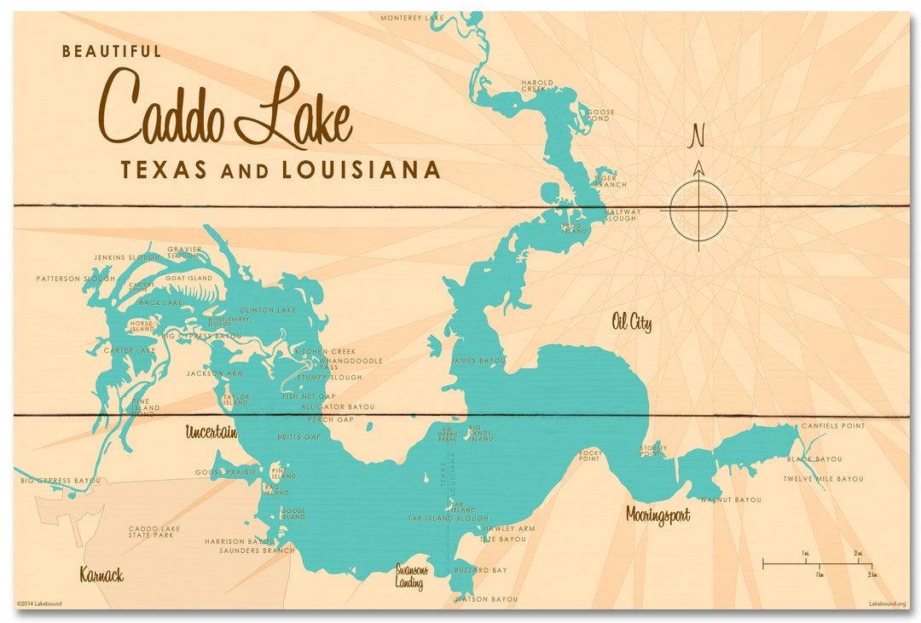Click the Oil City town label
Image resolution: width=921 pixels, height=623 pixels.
coord(631,322)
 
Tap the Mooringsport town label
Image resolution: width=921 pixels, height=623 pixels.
coord(657,515)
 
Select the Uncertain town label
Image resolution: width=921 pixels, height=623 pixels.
coord(211,433)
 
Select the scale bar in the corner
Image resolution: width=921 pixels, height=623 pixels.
coord(816,563)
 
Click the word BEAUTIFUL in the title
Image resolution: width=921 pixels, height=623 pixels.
coord(112,52)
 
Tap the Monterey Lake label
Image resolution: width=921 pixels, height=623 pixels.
coord(412,17)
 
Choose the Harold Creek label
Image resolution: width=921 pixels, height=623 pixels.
coord(537,85)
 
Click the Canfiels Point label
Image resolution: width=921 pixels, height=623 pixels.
coord(832,426)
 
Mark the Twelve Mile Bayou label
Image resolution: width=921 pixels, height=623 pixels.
coord(823,479)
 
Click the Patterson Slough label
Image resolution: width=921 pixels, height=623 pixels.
coord(75,279)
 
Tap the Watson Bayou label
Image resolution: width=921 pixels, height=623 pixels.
coord(486,599)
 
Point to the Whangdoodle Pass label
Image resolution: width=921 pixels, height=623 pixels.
coord(350,364)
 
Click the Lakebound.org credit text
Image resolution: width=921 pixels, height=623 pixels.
coord(887,603)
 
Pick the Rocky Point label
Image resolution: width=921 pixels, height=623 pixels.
coord(590,456)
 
